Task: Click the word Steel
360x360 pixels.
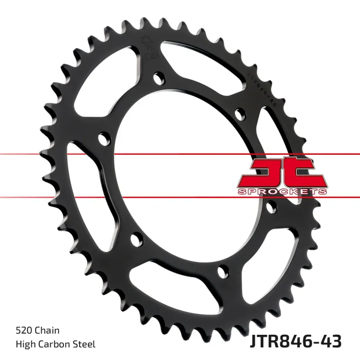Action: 85,344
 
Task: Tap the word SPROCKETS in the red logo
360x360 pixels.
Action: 282,192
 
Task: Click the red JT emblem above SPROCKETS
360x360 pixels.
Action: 282,171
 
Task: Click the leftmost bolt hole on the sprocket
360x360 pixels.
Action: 103,137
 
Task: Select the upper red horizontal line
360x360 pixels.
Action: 180,155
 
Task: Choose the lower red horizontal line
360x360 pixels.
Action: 180,197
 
